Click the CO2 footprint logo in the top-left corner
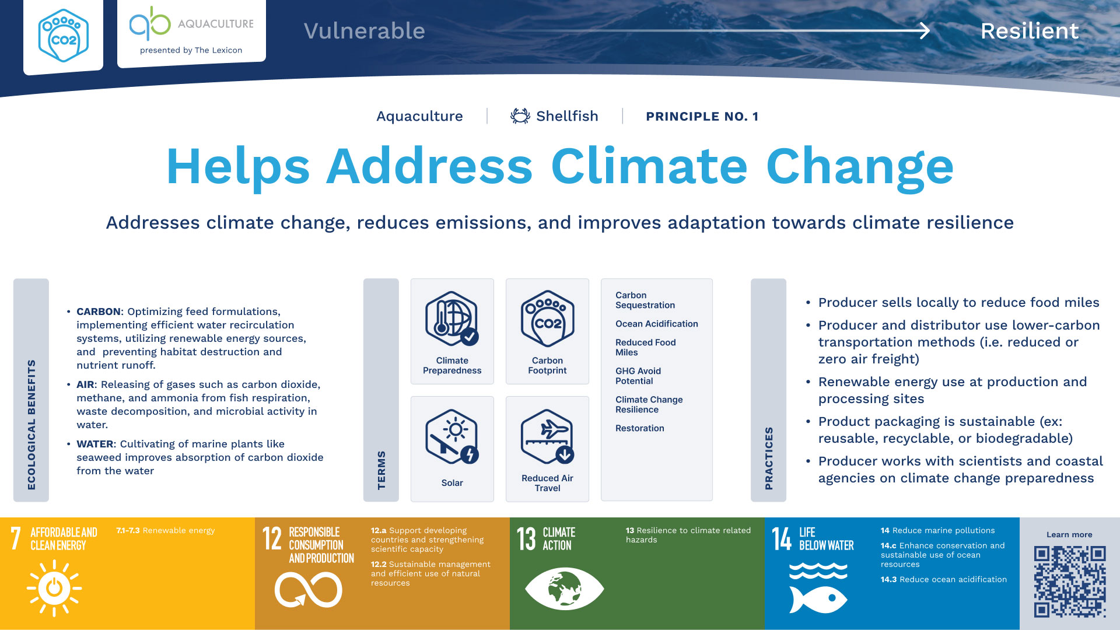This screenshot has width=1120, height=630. click(x=64, y=36)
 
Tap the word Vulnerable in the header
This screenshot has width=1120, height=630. click(x=365, y=31)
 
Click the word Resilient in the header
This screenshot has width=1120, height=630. click(x=1030, y=31)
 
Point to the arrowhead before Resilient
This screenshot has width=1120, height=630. click(x=925, y=30)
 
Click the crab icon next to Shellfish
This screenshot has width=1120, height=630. click(x=520, y=116)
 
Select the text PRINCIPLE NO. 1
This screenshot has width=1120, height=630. click(x=702, y=117)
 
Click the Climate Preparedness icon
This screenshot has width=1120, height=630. click(x=452, y=318)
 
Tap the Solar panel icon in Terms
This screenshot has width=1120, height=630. click(x=452, y=436)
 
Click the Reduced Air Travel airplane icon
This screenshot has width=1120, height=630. click(x=547, y=436)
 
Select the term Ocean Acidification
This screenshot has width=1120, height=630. click(x=656, y=324)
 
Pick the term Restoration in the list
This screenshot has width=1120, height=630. click(x=639, y=428)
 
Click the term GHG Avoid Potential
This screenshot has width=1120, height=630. click(x=638, y=376)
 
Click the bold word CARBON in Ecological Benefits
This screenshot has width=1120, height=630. click(x=98, y=311)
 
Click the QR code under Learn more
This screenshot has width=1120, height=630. click(x=1070, y=581)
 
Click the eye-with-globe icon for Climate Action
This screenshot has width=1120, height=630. click(x=565, y=589)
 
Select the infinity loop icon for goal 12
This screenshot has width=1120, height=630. click(x=309, y=589)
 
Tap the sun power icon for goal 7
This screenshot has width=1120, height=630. click(x=54, y=588)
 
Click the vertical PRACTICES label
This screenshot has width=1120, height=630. click(x=769, y=458)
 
